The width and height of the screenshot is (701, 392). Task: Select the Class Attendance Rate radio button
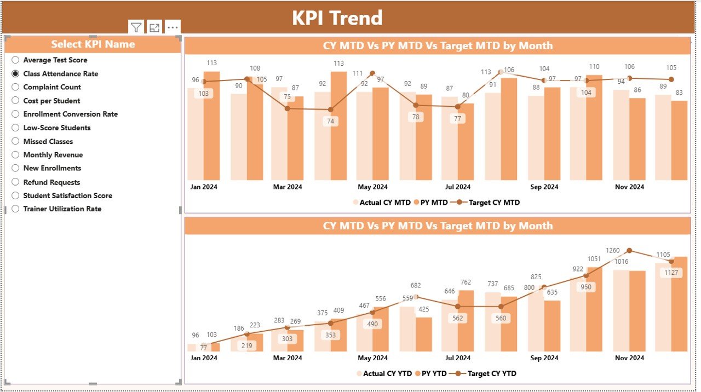[x=15, y=73]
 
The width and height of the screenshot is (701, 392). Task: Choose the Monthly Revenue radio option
[x=15, y=155]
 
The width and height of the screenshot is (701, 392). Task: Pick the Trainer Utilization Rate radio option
[x=15, y=209]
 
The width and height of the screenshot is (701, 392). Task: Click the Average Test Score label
[x=55, y=60]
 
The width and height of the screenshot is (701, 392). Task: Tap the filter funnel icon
[x=136, y=27]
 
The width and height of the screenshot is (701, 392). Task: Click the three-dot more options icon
[x=173, y=27]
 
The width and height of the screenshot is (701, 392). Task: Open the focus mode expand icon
[x=154, y=27]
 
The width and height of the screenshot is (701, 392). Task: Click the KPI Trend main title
[x=337, y=18]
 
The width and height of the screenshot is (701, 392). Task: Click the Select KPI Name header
[x=93, y=44]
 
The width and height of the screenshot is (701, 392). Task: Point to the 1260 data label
[x=613, y=251]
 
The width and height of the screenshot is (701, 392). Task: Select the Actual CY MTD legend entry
[x=381, y=203]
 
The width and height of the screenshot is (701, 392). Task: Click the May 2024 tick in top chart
[x=372, y=187]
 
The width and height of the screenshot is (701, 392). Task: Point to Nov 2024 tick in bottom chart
[x=629, y=358]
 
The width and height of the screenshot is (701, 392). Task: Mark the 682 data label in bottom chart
[x=416, y=285]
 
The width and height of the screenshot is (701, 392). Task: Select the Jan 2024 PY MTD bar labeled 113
[x=211, y=126]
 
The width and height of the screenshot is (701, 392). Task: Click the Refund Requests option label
[x=51, y=182]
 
